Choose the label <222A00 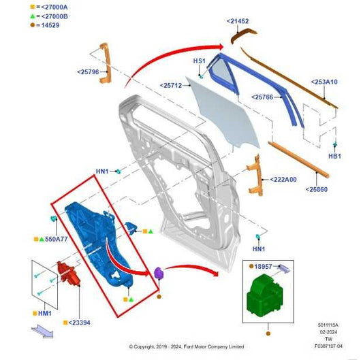click(280, 180)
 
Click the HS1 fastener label click(199, 61)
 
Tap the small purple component click(159, 274)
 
